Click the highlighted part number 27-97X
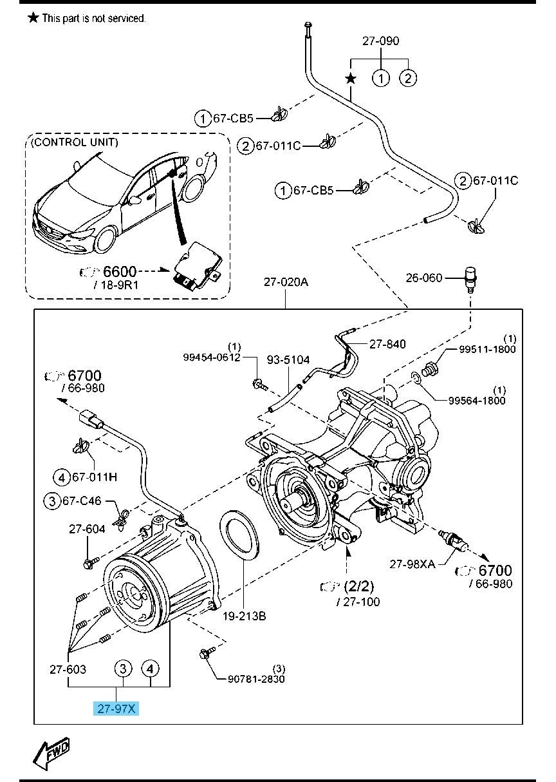pyautogui.click(x=116, y=709)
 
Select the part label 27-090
pyautogui.click(x=380, y=41)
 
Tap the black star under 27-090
pyautogui.click(x=351, y=79)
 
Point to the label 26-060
pyautogui.click(x=424, y=278)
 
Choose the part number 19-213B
pyautogui.click(x=245, y=616)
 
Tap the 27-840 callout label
pyautogui.click(x=387, y=344)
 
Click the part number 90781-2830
pyautogui.click(x=257, y=678)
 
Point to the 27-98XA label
pyautogui.click(x=412, y=564)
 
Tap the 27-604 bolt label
pyautogui.click(x=87, y=529)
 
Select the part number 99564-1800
pyautogui.click(x=477, y=400)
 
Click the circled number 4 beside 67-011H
pyautogui.click(x=60, y=477)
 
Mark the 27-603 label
pyautogui.click(x=68, y=669)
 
